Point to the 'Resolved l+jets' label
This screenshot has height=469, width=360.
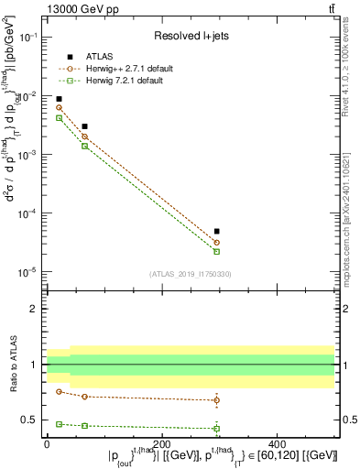click(x=191, y=36)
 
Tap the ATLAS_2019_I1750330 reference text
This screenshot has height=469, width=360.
click(x=191, y=274)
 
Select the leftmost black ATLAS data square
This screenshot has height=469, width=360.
click(x=59, y=99)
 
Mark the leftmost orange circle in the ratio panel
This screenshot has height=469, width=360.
click(x=59, y=391)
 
